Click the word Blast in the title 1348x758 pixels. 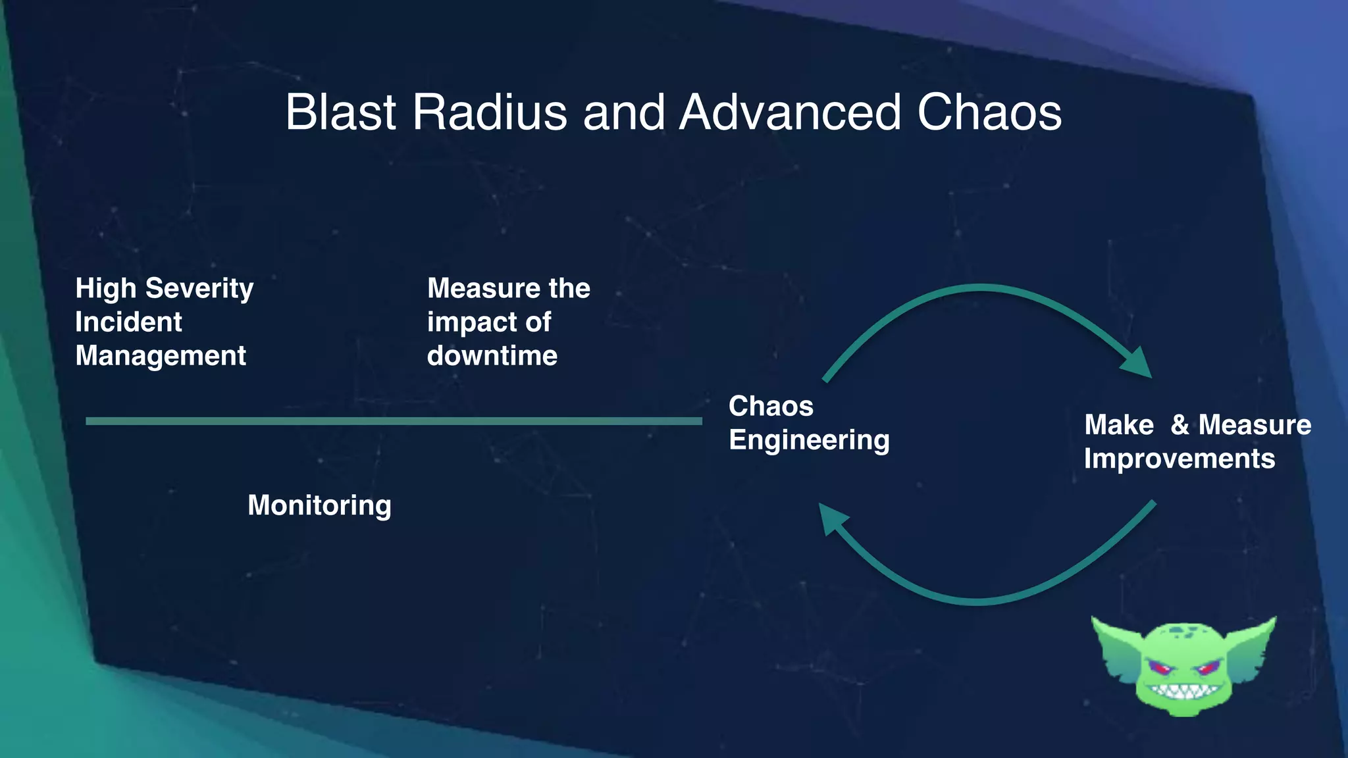(x=340, y=113)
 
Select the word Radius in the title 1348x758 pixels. (x=489, y=113)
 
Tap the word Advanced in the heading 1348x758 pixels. (x=789, y=113)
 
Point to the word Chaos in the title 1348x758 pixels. (x=989, y=113)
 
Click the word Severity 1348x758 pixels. (x=199, y=289)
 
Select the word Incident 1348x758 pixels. (x=128, y=322)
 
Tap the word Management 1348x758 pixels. (x=161, y=356)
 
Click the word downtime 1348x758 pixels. (x=492, y=356)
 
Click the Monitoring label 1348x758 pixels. (x=319, y=505)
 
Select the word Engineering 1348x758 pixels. (x=809, y=440)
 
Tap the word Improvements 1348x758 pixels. (x=1179, y=459)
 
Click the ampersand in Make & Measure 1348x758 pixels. (x=1179, y=425)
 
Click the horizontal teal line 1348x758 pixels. (x=394, y=421)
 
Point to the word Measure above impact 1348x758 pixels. (x=476, y=289)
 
